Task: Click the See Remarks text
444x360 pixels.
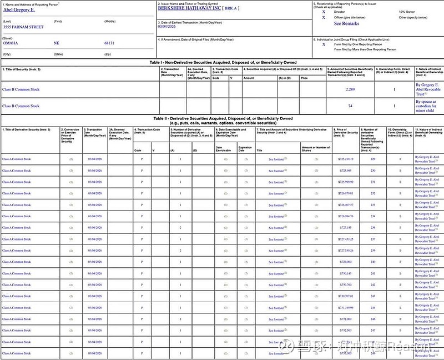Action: [x=346, y=24]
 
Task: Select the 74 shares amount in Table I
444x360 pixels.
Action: [x=350, y=106]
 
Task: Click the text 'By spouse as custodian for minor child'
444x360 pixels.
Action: [x=426, y=106]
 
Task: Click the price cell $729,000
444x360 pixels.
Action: [x=345, y=262]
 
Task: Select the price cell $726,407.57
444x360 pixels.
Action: [x=345, y=204]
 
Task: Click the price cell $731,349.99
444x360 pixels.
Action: [x=345, y=307]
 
